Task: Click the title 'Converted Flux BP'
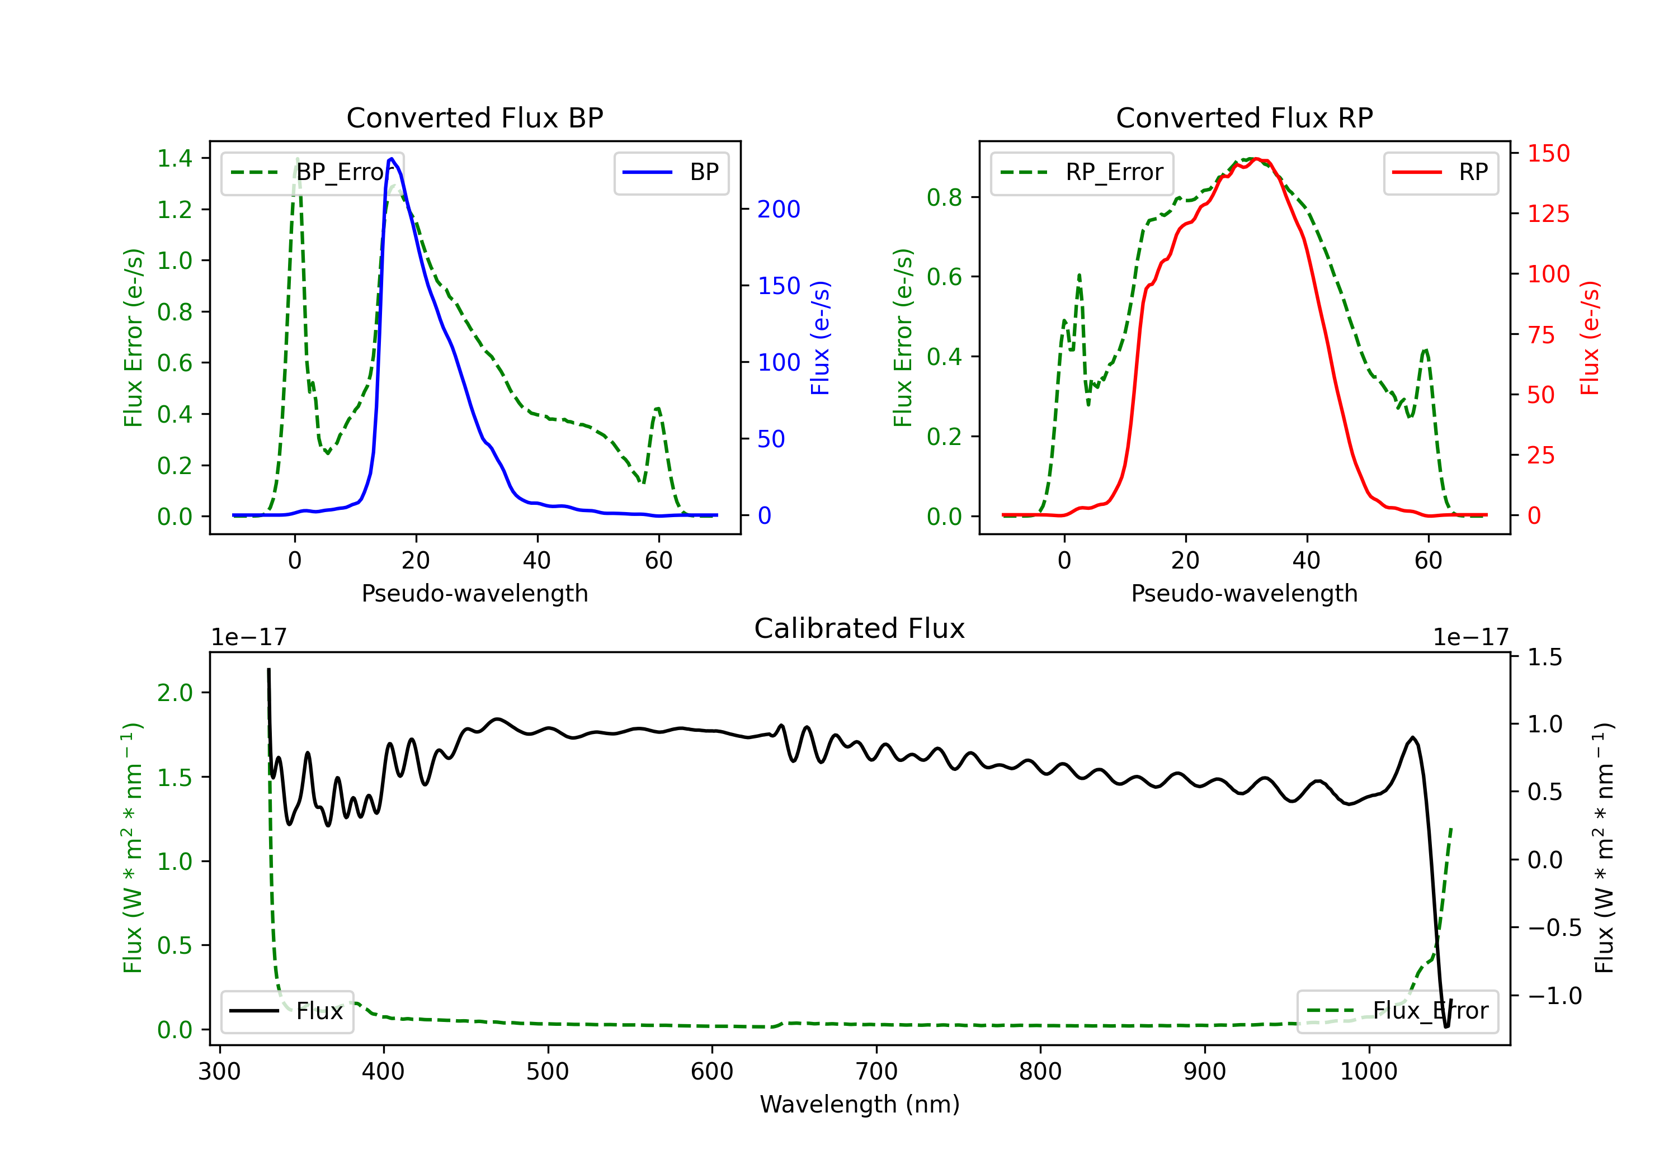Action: tap(474, 117)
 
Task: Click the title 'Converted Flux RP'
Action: tap(1244, 117)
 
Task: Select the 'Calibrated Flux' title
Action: tap(860, 628)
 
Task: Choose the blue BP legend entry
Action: tap(671, 172)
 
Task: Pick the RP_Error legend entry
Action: tap(1082, 172)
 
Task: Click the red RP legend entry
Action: tap(1440, 172)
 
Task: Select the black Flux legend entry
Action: tap(286, 1011)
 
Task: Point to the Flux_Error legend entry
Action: tap(1397, 1011)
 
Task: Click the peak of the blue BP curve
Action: tap(392, 159)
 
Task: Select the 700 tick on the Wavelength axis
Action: tap(876, 1071)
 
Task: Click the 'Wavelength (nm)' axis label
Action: tap(860, 1104)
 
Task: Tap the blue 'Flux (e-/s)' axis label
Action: tap(820, 338)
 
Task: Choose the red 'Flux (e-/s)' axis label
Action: tap(1590, 338)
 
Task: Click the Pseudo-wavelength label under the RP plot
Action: tap(1244, 593)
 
